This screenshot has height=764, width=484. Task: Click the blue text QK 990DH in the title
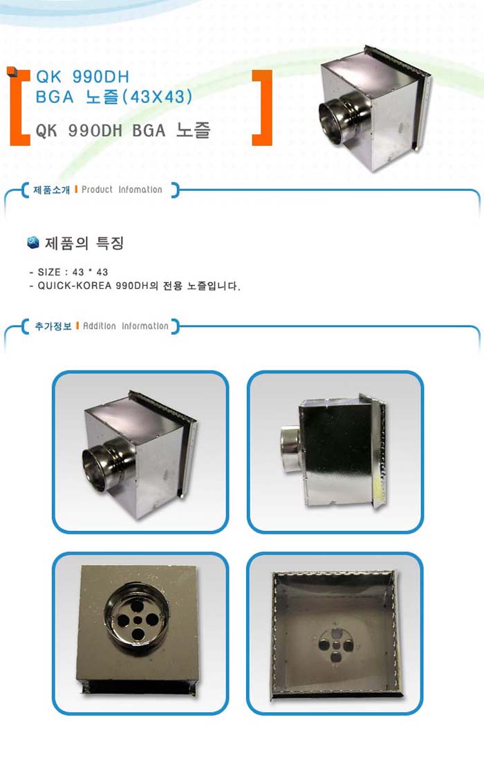[83, 77]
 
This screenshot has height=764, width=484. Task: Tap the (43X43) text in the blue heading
[157, 97]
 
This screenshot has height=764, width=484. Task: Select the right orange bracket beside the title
[262, 108]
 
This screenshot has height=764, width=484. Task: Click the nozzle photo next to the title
[374, 109]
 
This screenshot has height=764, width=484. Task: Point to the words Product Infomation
[122, 189]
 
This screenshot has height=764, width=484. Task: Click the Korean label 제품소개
[52, 189]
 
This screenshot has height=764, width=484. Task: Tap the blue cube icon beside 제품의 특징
[32, 242]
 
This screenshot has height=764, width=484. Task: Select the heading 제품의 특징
[84, 243]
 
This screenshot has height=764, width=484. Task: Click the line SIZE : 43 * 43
[68, 272]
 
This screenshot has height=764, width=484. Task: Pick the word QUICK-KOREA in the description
[75, 286]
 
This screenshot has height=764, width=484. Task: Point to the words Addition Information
[125, 326]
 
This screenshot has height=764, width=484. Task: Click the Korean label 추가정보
[53, 326]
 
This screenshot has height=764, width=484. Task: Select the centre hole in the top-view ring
[138, 619]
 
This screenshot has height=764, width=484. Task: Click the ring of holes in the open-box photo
[336, 646]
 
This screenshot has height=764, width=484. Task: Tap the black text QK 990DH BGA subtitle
[123, 131]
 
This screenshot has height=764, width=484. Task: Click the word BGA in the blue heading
[55, 97]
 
